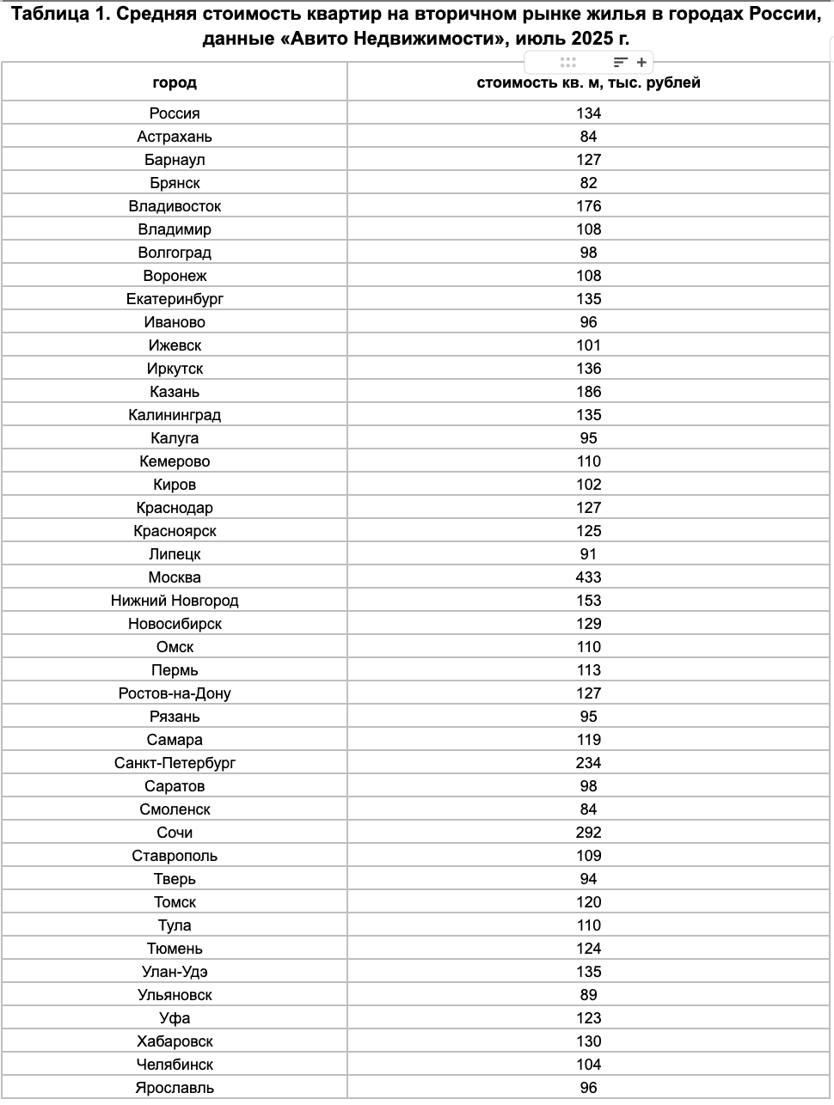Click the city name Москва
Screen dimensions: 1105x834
(175, 577)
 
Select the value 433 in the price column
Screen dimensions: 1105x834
(589, 577)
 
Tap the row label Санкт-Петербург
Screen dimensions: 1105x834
(175, 763)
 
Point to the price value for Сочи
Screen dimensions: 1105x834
(589, 833)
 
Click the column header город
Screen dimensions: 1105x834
(175, 82)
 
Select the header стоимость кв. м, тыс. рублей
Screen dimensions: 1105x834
(589, 82)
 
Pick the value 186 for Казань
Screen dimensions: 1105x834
(589, 392)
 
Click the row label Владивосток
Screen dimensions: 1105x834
(175, 206)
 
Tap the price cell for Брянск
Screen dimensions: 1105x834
(589, 183)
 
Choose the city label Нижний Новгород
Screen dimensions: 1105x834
(175, 601)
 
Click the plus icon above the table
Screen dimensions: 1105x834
(641, 62)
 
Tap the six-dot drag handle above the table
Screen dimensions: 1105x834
(567, 62)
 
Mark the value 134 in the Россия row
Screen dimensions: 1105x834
(589, 113)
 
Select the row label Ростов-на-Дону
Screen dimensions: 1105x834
(175, 693)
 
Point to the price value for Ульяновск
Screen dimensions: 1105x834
(589, 995)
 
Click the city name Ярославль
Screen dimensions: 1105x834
(175, 1088)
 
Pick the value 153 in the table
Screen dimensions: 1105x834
(589, 601)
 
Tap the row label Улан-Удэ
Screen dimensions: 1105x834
(175, 972)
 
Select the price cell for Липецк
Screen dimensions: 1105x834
(589, 554)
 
